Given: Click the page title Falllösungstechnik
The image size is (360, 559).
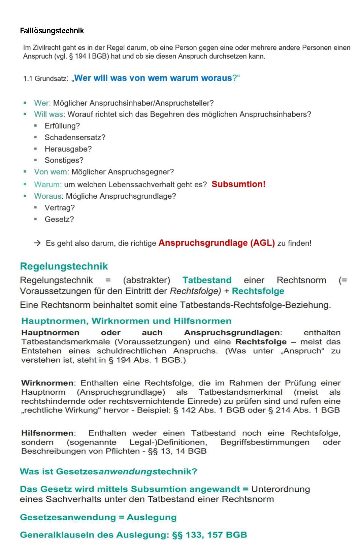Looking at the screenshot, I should point(52,31).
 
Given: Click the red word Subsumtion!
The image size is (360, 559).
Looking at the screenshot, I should point(238,184).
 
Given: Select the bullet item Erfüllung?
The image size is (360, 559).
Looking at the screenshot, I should point(62,126).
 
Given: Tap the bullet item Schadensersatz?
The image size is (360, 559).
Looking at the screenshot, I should point(75,137).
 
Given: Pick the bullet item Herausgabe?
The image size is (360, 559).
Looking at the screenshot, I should point(68,149).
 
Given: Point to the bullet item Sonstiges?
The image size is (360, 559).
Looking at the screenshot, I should point(64,160).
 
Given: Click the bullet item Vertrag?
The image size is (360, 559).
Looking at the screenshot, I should point(60,208).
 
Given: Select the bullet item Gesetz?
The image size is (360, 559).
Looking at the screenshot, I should point(59,219).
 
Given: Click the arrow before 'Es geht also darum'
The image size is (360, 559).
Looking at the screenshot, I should point(37,243).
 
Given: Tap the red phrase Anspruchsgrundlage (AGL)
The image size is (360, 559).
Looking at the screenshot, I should point(217,243).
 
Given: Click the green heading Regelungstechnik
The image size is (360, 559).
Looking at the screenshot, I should point(64,266).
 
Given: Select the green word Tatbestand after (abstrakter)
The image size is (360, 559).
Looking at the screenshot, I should point(207,280).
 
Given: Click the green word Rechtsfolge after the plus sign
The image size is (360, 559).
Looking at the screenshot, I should point(258,291).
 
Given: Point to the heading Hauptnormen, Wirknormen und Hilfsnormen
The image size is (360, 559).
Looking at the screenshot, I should point(126,321).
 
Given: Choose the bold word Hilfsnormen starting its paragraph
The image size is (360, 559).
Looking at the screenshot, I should point(47,433).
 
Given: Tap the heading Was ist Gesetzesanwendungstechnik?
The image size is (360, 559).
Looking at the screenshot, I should point(108,471).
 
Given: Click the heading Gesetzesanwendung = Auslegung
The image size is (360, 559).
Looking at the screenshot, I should point(98,517).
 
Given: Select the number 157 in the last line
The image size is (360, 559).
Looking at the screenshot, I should point(215,535).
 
